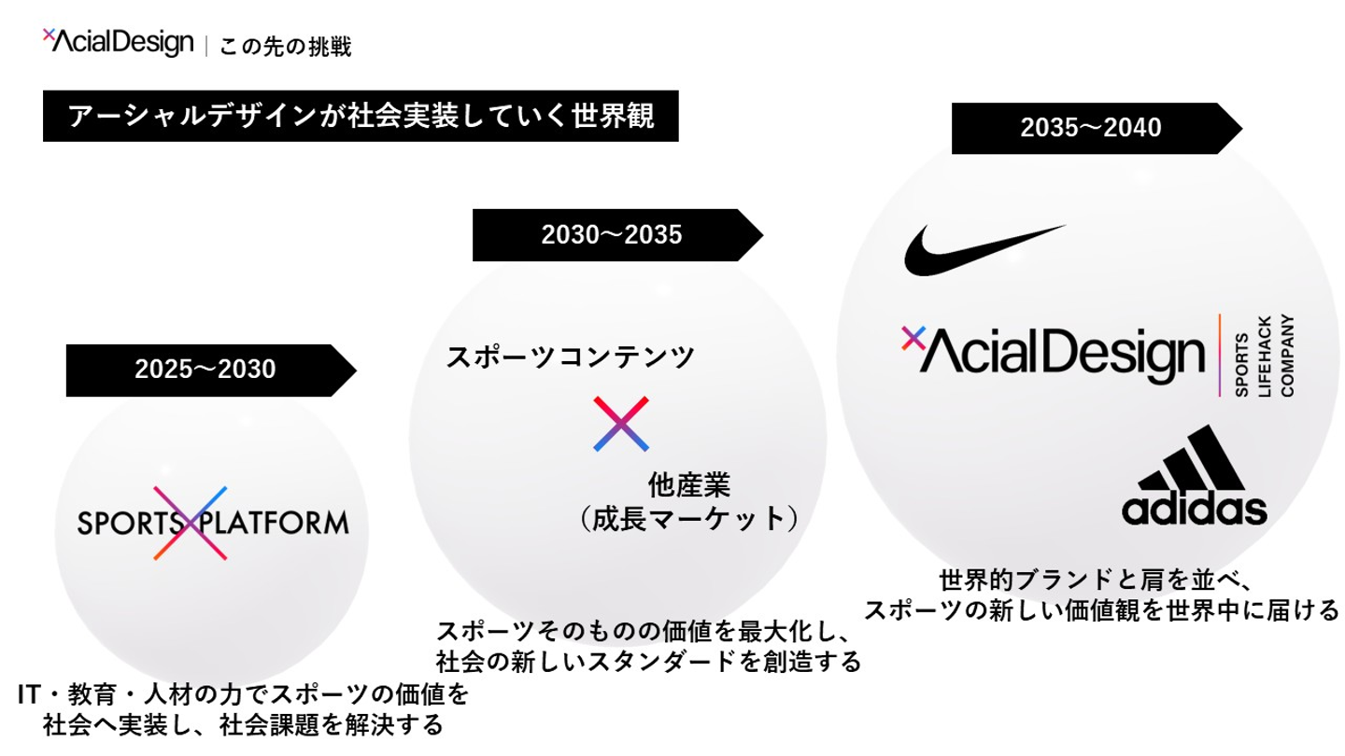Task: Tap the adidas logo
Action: tap(1195, 476)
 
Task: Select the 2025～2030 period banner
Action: tap(205, 370)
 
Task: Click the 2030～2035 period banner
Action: tap(612, 235)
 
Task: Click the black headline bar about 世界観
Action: tap(361, 116)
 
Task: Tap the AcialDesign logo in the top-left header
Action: tap(118, 42)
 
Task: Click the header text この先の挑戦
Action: tap(285, 47)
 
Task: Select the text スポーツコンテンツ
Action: tap(571, 357)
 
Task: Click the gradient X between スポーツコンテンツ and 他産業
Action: tap(620, 424)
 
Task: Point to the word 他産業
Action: tap(688, 485)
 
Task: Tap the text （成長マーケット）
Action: tap(688, 519)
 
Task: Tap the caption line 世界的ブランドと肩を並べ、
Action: tap(1087, 580)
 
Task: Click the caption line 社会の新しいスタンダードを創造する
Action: tap(648, 662)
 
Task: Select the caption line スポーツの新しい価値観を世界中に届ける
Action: tap(1101, 610)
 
